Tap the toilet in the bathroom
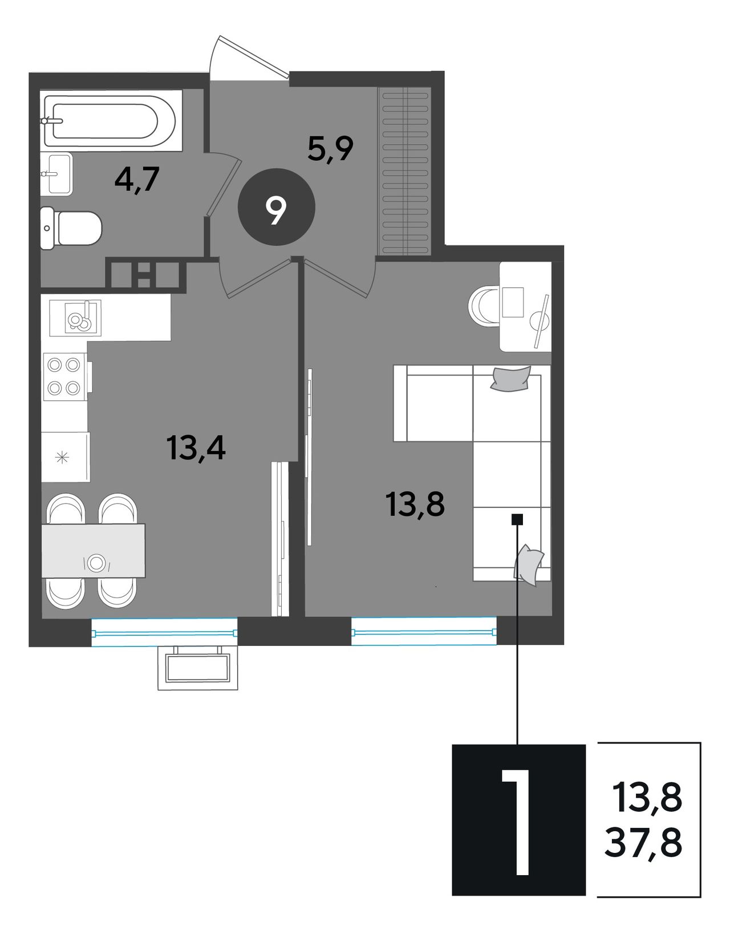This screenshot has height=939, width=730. coord(71,227)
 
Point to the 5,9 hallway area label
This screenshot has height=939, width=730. coord(331,149)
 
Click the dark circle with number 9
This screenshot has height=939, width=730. coord(276,207)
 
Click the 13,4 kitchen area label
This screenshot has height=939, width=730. coord(196,448)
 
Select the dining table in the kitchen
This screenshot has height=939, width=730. coord(94,551)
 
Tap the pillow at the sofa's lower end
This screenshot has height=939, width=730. coord(528,565)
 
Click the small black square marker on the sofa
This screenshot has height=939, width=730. coord(517,519)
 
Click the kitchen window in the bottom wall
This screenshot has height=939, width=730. coord(165,633)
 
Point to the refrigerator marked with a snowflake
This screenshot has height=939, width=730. coord(66,457)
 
